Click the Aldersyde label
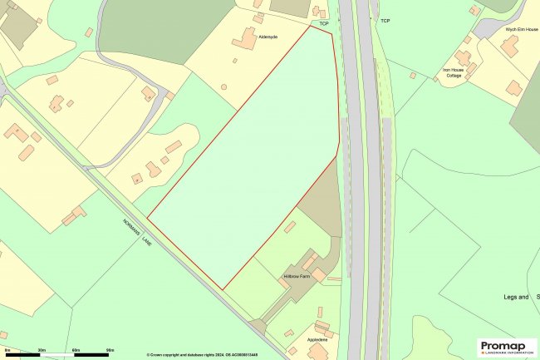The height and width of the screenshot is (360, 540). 268,37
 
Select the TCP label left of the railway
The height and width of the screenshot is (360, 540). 324,24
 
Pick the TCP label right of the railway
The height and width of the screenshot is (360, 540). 385,19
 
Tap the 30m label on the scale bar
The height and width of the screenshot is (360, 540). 42,351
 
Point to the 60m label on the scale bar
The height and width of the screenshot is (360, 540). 76,351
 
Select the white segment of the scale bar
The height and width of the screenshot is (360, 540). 58,356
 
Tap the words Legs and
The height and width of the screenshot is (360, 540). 516,297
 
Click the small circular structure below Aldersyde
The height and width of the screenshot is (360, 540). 223,86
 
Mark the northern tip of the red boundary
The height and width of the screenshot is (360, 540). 331,34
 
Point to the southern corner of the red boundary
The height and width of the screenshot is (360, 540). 223,289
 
